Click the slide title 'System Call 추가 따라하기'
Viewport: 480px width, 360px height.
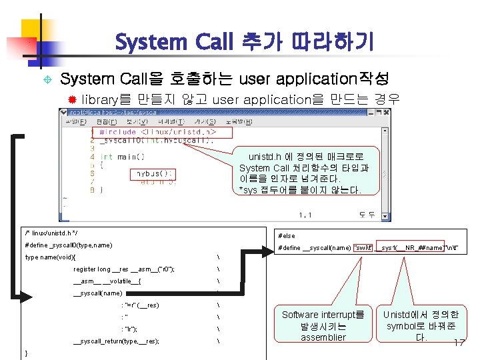click(244, 43)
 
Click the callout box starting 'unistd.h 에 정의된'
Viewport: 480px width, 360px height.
click(301, 173)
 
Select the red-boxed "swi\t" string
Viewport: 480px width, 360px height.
click(363, 247)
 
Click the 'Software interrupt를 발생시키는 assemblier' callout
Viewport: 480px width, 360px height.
click(323, 325)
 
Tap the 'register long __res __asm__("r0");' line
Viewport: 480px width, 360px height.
click(124, 269)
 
